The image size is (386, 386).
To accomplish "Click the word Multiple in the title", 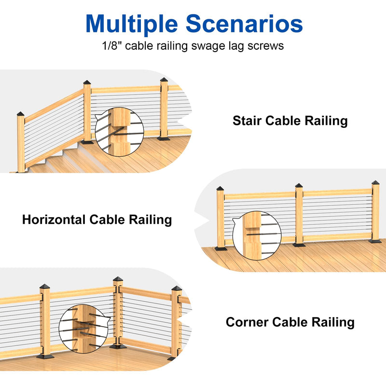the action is pyautogui.click(x=132, y=24).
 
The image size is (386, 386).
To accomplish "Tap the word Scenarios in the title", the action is pyautogui.click(x=244, y=24).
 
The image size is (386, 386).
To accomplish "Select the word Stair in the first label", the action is pyautogui.click(x=247, y=121).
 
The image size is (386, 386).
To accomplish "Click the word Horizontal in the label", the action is pyautogui.click(x=54, y=220).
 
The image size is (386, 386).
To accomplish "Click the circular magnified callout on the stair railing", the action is pyautogui.click(x=119, y=132).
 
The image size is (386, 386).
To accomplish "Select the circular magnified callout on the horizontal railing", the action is pyautogui.click(x=257, y=235).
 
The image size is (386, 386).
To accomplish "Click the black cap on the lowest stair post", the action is pyautogui.click(x=21, y=114).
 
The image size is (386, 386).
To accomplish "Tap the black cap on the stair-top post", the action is pyautogui.click(x=87, y=83).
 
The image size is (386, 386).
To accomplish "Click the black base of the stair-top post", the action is pyautogui.click(x=87, y=142).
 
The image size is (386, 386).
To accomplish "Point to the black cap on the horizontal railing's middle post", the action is pyautogui.click(x=299, y=186).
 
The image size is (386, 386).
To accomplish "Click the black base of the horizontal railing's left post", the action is pyautogui.click(x=221, y=248).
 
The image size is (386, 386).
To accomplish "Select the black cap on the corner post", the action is pyautogui.click(x=118, y=279).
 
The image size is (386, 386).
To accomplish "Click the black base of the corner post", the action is pyautogui.click(x=118, y=346).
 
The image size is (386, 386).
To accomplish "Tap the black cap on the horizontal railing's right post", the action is pyautogui.click(x=376, y=182).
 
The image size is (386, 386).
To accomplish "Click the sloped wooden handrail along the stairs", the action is pyautogui.click(x=54, y=106).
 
